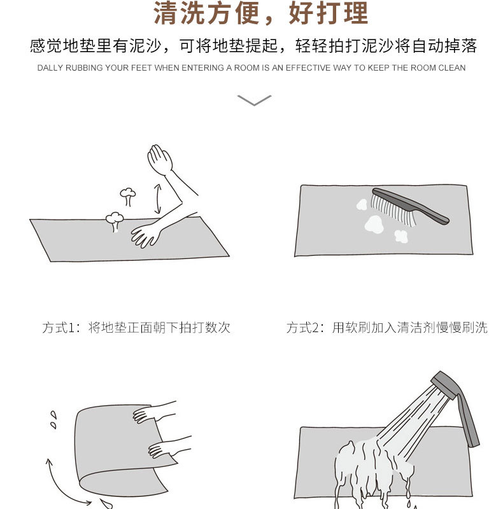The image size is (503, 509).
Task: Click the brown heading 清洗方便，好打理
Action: coord(260,14)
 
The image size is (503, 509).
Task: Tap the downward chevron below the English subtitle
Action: coord(254,100)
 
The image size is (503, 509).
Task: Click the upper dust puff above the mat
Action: coord(128,194)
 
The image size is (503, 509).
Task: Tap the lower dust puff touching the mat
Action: coord(115,220)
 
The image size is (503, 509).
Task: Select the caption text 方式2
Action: coord(305,328)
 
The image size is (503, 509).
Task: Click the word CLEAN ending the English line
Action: coord(452,68)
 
